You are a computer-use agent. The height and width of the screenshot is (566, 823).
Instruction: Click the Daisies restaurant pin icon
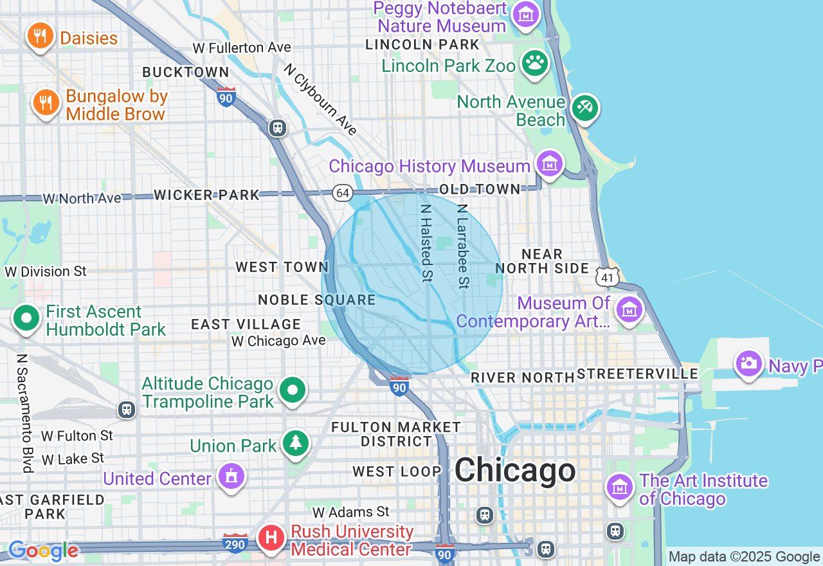pyautogui.click(x=40, y=36)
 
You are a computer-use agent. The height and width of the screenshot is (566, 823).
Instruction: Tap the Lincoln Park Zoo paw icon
pyautogui.click(x=535, y=63)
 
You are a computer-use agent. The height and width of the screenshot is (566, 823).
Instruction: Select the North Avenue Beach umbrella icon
pyautogui.click(x=584, y=107)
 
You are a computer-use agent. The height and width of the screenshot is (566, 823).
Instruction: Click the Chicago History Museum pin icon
pyautogui.click(x=550, y=164)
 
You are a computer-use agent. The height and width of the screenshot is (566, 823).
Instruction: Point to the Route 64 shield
pyautogui.click(x=342, y=193)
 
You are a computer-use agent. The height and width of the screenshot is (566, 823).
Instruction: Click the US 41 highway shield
pyautogui.click(x=608, y=277)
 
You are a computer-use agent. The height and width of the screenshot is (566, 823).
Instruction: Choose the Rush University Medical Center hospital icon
pyautogui.click(x=271, y=538)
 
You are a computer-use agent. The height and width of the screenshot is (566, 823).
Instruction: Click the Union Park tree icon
pyautogui.click(x=295, y=443)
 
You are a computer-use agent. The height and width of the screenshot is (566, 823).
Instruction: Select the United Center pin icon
pyautogui.click(x=231, y=477)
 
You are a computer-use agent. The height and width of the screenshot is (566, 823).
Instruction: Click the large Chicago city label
pyautogui.click(x=515, y=470)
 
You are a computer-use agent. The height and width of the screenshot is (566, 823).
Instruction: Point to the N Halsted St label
pyautogui.click(x=426, y=243)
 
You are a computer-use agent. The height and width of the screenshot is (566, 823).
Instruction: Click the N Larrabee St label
pyautogui.click(x=462, y=246)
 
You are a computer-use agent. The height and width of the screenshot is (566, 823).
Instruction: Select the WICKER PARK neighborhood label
pyautogui.click(x=207, y=195)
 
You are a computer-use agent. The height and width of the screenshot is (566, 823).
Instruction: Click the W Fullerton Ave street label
pyautogui.click(x=242, y=48)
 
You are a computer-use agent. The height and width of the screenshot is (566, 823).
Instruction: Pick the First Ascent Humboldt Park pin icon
pyautogui.click(x=27, y=318)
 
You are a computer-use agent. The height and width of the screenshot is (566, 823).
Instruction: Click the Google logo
pyautogui.click(x=43, y=551)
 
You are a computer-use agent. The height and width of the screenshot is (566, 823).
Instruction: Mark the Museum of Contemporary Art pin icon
pyautogui.click(x=629, y=310)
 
